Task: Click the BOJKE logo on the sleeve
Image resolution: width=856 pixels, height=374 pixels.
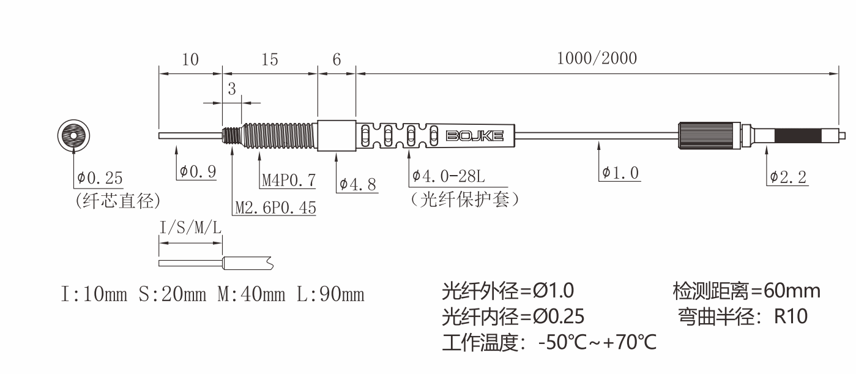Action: tap(475, 136)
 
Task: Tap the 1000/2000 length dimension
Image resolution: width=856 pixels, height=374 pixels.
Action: tap(597, 59)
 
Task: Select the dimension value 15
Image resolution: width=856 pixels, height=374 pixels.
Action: tap(270, 59)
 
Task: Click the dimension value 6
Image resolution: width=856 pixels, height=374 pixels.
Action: tap(337, 59)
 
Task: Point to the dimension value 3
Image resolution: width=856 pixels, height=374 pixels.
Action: tap(232, 89)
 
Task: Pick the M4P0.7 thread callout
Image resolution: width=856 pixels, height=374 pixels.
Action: tap(289, 180)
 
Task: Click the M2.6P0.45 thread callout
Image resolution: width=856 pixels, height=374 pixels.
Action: tap(275, 208)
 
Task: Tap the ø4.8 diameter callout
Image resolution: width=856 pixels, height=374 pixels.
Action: tap(358, 184)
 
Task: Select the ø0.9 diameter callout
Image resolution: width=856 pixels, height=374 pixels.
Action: tap(198, 171)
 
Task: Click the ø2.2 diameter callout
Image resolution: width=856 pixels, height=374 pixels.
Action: tap(788, 177)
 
